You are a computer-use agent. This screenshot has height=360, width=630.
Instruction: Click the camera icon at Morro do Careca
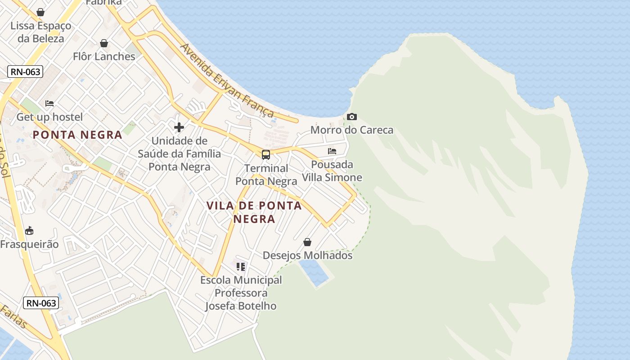click(x=352, y=117)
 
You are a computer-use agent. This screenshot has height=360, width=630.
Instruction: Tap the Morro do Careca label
click(x=352, y=130)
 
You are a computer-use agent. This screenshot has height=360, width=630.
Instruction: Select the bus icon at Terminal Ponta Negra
click(x=266, y=155)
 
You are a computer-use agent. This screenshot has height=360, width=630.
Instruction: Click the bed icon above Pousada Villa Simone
click(x=332, y=151)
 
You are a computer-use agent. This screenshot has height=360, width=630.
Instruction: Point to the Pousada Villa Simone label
click(x=332, y=171)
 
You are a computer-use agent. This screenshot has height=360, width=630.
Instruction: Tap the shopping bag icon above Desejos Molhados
click(x=307, y=242)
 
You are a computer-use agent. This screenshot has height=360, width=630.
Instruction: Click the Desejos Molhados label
click(x=307, y=256)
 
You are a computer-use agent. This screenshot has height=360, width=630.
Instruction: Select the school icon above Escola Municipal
click(x=241, y=267)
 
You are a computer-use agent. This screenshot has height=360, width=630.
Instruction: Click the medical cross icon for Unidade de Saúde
click(x=179, y=127)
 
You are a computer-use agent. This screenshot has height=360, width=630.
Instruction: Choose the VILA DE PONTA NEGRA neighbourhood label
click(x=254, y=212)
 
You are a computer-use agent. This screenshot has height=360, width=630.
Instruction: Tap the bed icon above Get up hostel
click(x=49, y=103)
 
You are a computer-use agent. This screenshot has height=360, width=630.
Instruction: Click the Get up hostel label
click(x=49, y=117)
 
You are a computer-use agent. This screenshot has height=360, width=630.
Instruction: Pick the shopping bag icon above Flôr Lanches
click(x=104, y=43)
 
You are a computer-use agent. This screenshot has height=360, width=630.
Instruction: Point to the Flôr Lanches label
click(x=104, y=57)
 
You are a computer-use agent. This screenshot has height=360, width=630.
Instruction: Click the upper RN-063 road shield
click(x=25, y=72)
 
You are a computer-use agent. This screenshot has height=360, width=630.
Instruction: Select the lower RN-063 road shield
click(x=41, y=303)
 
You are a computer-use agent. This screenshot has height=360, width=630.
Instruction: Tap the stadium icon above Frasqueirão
click(x=29, y=231)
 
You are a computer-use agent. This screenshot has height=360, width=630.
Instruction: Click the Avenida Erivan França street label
click(x=227, y=80)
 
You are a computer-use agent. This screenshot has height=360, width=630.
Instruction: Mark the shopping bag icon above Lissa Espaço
click(x=40, y=12)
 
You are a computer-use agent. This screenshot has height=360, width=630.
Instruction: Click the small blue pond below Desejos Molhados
click(x=314, y=273)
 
